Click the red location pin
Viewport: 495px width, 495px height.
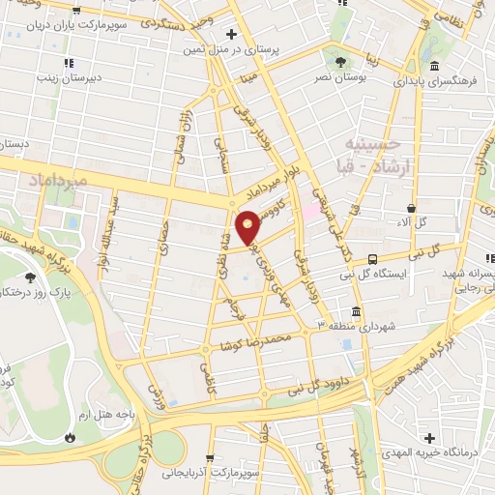click(x=248, y=226)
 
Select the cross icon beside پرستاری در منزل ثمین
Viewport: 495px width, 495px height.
click(x=230, y=33)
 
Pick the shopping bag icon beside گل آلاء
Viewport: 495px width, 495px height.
click(x=412, y=207)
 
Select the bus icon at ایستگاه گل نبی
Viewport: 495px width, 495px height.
click(x=372, y=259)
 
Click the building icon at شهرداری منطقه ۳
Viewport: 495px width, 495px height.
click(x=356, y=312)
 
